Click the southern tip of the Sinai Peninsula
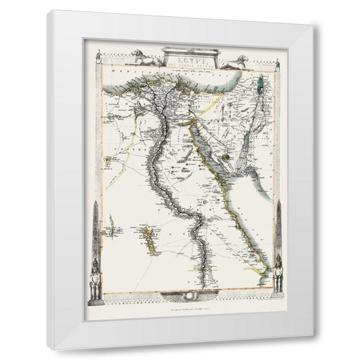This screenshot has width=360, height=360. pos(230,168)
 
